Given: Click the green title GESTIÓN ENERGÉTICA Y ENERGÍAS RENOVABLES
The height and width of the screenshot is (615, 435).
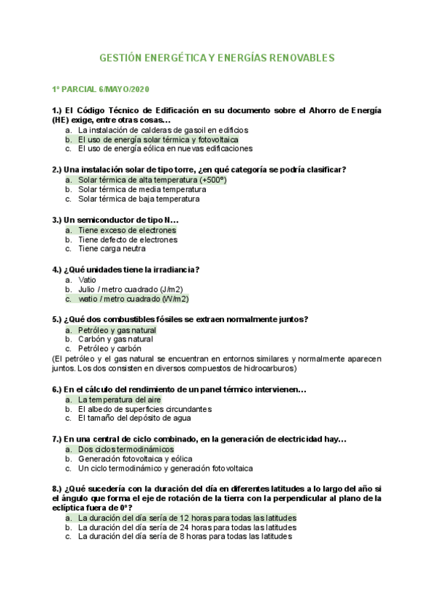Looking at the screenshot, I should [x=217, y=57].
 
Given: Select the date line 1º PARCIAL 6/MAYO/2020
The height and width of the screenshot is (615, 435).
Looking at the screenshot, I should [x=100, y=89].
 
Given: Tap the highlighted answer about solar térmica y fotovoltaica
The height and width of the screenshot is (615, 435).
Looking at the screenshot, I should [x=158, y=139].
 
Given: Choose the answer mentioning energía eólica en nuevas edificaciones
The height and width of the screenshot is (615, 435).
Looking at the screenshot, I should [x=165, y=149].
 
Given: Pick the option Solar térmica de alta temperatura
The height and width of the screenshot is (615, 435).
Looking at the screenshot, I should [x=152, y=180].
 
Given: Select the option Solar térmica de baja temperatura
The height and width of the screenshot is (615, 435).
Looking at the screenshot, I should [x=138, y=199].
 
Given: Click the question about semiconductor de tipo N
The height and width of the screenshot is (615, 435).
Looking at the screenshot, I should [x=115, y=220].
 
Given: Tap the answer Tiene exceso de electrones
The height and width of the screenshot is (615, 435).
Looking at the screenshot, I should [x=127, y=230].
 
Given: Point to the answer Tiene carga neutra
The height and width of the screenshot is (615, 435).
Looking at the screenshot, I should [x=112, y=249].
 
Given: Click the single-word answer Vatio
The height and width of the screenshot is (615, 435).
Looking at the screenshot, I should [x=87, y=279].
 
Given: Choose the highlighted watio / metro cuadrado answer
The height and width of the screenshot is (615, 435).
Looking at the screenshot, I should [x=133, y=298].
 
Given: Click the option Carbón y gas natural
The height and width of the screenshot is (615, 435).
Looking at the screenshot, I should [x=115, y=339].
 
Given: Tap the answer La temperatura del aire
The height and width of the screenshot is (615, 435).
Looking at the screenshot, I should [x=120, y=400].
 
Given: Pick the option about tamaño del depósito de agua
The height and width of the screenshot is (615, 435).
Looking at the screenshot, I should [x=134, y=418].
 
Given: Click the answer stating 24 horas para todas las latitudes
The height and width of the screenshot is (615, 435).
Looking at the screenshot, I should [x=186, y=528].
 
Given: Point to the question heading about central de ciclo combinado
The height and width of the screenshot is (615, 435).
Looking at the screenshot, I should [x=199, y=439].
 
